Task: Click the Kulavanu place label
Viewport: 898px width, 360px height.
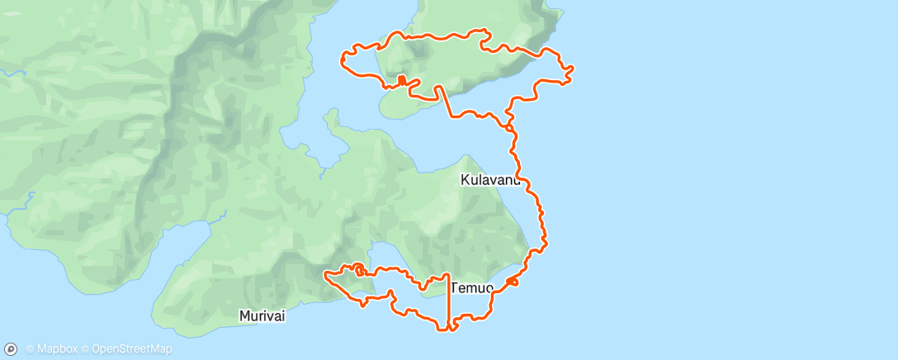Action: (490, 179)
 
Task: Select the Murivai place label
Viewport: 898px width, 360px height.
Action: (263, 315)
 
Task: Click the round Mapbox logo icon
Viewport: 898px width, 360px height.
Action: (11, 349)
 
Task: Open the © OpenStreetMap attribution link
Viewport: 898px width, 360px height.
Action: (131, 349)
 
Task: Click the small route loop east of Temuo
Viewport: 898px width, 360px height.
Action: (512, 282)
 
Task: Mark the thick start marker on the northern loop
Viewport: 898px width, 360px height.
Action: (401, 80)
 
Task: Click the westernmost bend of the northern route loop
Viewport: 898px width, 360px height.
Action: (343, 58)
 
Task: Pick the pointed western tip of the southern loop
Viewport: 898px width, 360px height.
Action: (325, 272)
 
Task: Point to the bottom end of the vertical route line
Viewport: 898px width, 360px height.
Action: (448, 328)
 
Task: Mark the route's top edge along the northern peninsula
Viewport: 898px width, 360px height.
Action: (437, 36)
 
